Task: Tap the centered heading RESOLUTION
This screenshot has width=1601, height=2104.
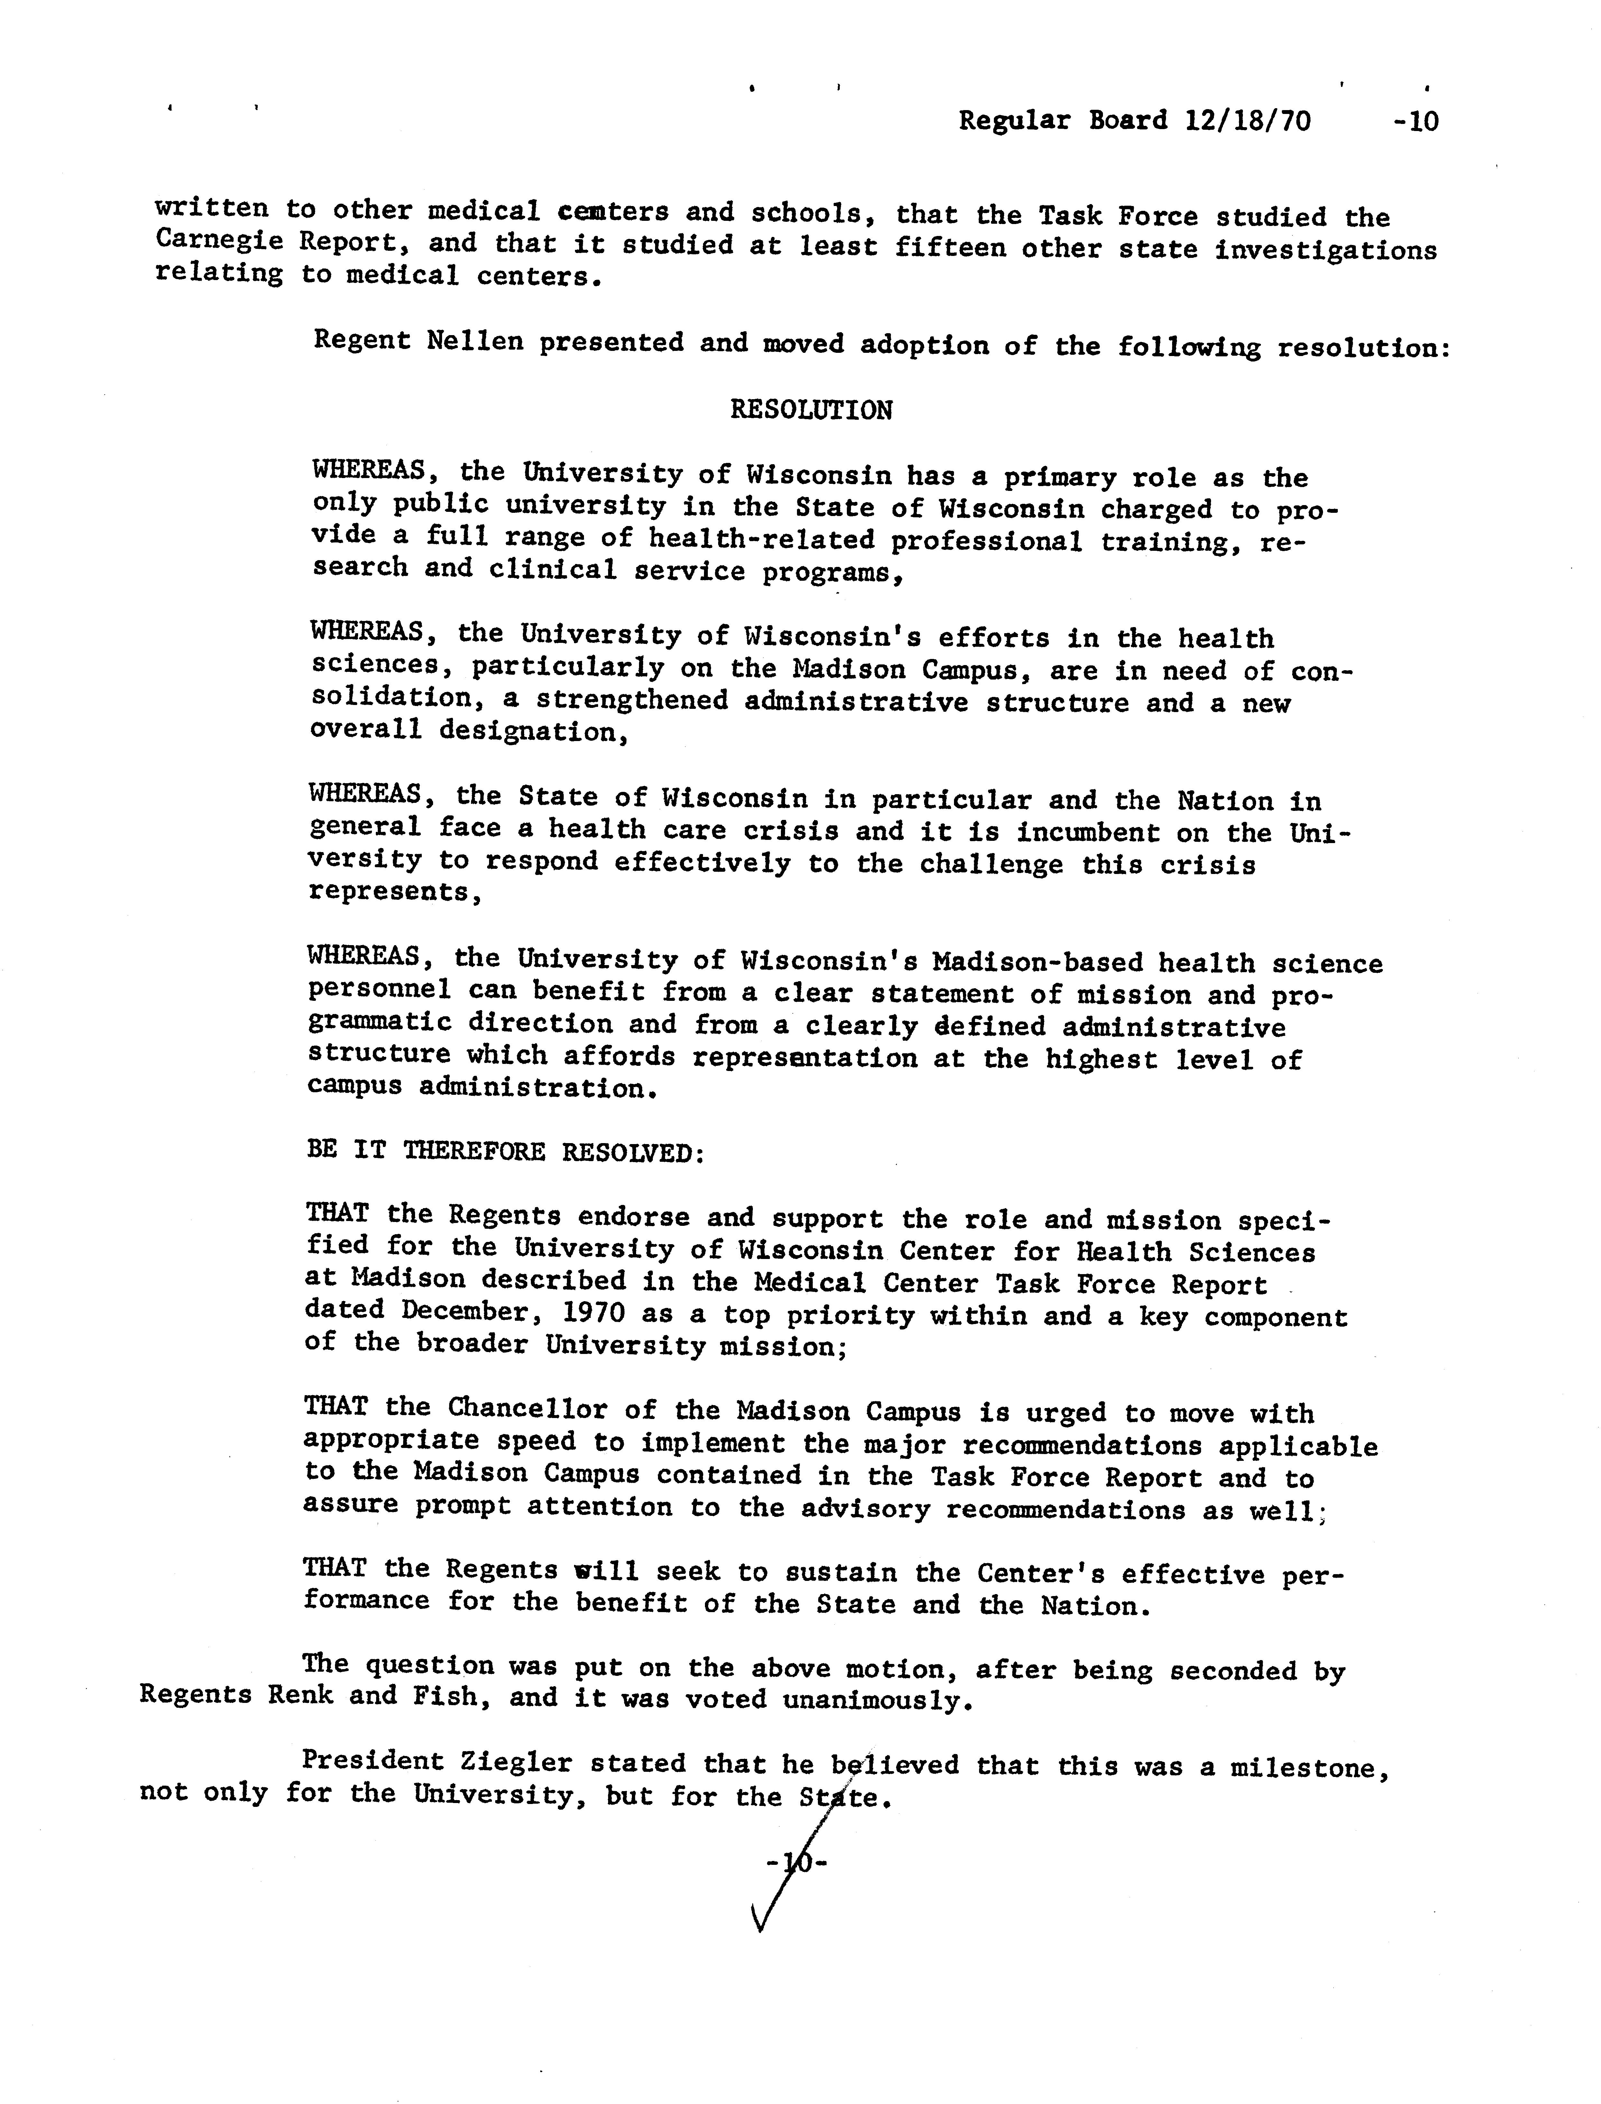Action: click(811, 410)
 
